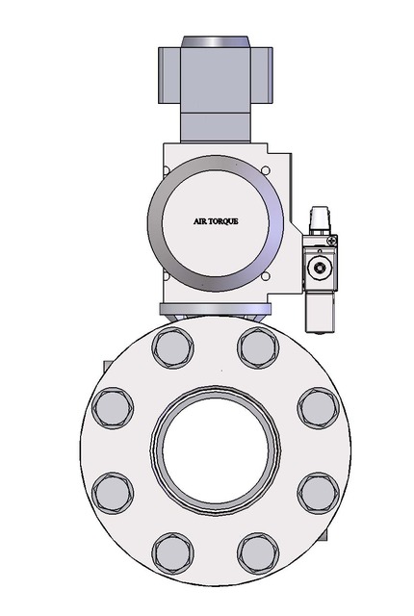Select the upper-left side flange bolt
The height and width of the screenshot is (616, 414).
112,407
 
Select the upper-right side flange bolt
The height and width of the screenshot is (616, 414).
317,407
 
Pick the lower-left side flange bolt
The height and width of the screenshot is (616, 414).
112,492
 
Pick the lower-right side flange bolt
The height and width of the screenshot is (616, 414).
317,492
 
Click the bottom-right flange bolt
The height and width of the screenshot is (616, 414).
256,554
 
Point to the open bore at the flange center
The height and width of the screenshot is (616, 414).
214,449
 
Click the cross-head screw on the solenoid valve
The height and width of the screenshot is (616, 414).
332,239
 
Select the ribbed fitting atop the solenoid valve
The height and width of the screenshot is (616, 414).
318,218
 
